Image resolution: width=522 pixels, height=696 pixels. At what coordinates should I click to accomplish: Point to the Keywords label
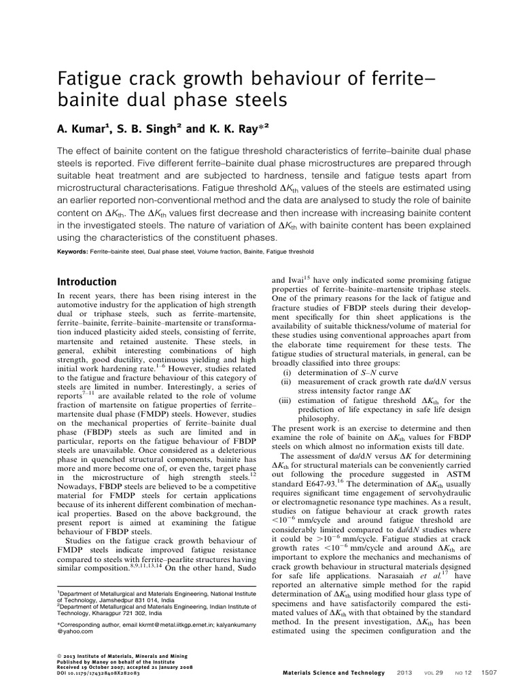coord(72,251)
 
